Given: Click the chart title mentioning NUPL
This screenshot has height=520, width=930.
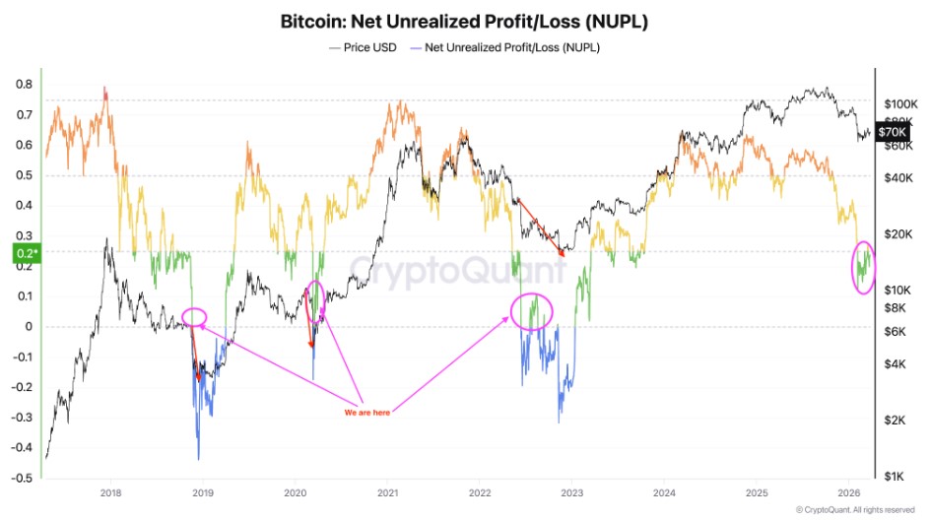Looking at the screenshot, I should (466, 21).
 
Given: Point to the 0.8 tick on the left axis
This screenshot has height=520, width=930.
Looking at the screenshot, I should (22, 85).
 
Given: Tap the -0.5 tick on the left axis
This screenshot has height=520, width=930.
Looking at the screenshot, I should (20, 478).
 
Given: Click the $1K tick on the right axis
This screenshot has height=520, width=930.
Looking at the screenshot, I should (893, 476).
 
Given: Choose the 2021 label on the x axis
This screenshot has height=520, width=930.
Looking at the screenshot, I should (388, 491).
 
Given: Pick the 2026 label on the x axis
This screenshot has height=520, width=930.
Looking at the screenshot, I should (846, 491).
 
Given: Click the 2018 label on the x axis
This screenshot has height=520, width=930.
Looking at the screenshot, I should (111, 491).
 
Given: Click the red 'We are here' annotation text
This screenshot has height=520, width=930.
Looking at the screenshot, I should (366, 413).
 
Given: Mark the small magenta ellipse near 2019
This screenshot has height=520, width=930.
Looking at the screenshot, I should (195, 317).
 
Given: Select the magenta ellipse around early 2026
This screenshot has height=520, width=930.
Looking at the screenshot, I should (864, 267).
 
